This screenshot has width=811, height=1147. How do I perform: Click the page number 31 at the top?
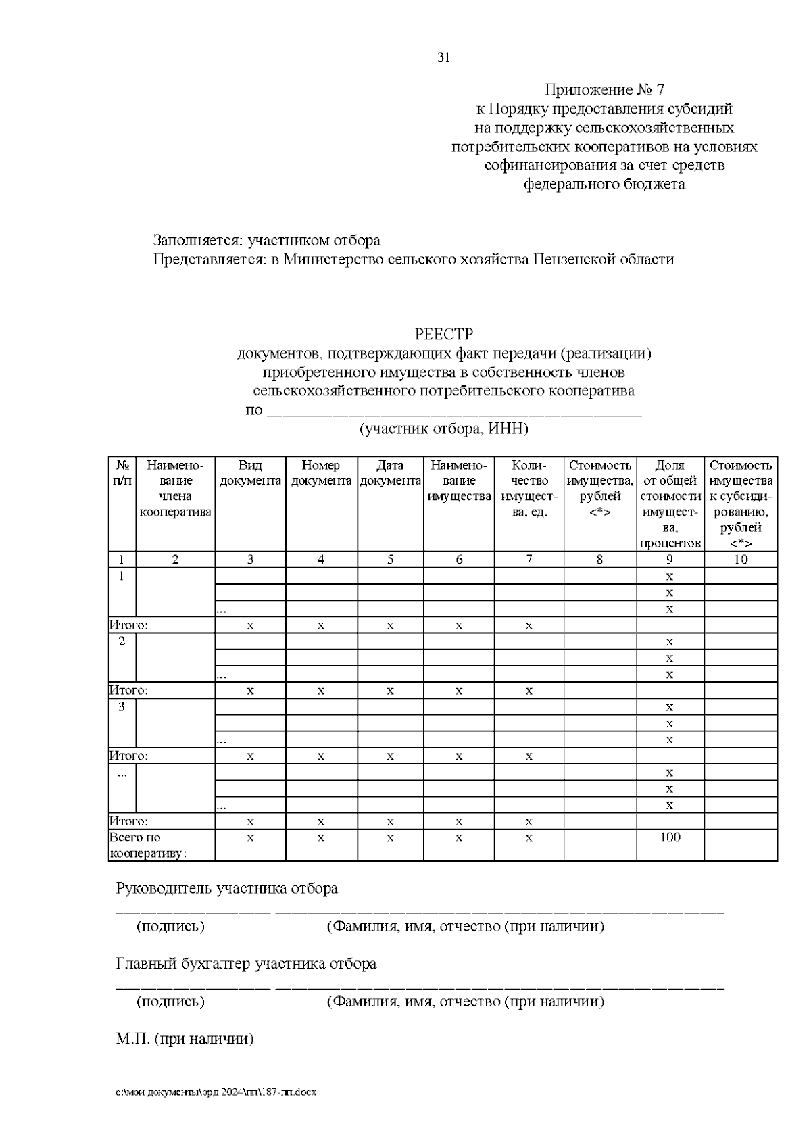pyautogui.click(x=443, y=57)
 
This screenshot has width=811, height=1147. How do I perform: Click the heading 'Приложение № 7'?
pyautogui.click(x=605, y=90)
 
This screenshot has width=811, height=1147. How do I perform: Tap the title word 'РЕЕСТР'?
pyautogui.click(x=443, y=335)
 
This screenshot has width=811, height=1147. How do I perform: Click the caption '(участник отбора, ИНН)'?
pyautogui.click(x=443, y=429)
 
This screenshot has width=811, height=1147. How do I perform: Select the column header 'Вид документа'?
pyautogui.click(x=250, y=473)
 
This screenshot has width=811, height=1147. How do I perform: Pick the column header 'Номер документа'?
pyautogui.click(x=321, y=473)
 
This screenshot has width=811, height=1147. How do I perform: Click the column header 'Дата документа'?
pyautogui.click(x=390, y=473)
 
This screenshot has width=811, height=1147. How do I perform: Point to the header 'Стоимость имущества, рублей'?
pyautogui.click(x=599, y=488)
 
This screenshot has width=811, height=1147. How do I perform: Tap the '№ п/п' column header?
pyautogui.click(x=122, y=473)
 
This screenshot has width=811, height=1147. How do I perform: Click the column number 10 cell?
pyautogui.click(x=741, y=559)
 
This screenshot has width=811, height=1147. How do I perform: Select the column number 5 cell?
pyautogui.click(x=390, y=559)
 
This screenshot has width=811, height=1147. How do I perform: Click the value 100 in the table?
pyautogui.click(x=670, y=837)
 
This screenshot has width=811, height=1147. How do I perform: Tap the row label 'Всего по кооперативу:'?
pyautogui.click(x=148, y=845)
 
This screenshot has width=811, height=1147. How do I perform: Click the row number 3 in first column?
pyautogui.click(x=122, y=707)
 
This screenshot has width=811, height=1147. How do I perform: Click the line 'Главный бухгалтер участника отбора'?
pyautogui.click(x=246, y=963)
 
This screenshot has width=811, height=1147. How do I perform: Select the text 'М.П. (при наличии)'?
pyautogui.click(x=185, y=1039)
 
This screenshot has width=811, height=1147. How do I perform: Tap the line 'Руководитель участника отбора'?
pyautogui.click(x=227, y=888)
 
